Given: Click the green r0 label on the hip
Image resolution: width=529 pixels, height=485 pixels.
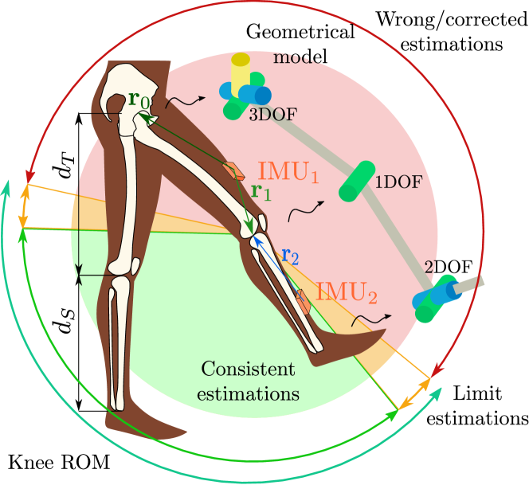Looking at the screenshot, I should [x=138, y=101].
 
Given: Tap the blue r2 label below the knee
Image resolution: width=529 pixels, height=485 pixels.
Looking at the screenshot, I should [x=290, y=257].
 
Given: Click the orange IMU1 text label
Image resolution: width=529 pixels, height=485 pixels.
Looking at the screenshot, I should [x=288, y=172].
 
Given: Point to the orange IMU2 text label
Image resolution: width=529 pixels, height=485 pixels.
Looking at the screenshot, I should [x=346, y=291].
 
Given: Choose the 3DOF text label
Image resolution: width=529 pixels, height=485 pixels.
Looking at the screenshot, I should [x=272, y=115].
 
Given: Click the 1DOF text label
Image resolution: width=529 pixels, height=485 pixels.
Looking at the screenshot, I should [x=398, y=182].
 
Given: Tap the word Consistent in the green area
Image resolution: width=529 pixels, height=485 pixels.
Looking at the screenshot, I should [x=248, y=370].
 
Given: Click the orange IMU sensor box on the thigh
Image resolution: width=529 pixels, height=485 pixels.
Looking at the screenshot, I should [x=234, y=171].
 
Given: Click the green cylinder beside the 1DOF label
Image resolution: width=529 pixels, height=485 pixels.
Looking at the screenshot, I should [x=356, y=181].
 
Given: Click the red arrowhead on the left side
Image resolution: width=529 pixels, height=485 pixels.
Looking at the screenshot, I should [x=30, y=174].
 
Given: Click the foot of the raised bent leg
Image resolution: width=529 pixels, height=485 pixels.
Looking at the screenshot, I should [x=351, y=346].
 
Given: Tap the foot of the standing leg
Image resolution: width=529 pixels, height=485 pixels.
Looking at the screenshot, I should [x=151, y=426].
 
